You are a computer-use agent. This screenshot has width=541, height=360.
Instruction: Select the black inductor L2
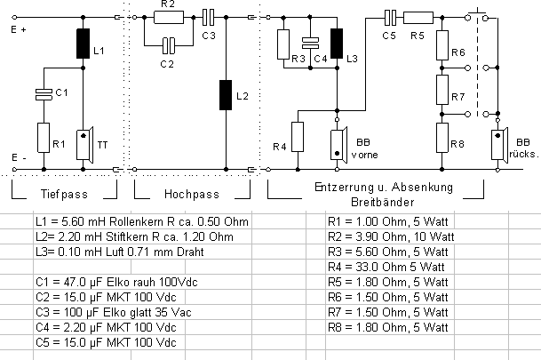point(227,93)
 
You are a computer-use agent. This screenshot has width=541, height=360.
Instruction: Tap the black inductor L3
point(337,44)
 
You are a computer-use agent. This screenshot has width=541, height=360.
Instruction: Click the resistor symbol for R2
point(168,16)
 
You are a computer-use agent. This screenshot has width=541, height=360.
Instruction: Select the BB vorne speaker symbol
point(337,144)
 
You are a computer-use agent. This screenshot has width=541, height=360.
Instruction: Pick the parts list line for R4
point(385,267)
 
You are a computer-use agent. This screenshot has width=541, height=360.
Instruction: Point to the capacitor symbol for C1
point(41,92)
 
